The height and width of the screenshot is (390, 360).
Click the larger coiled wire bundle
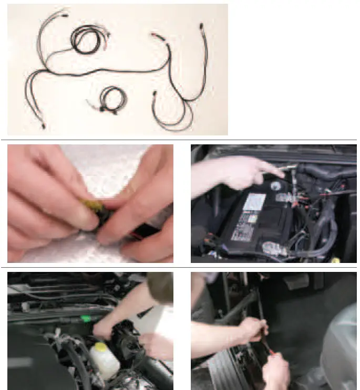(86, 40)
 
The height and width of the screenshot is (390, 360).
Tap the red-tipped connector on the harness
(156, 35)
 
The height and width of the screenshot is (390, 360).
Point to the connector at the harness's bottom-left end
(43, 125)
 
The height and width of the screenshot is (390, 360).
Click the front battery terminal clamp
(275, 248)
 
